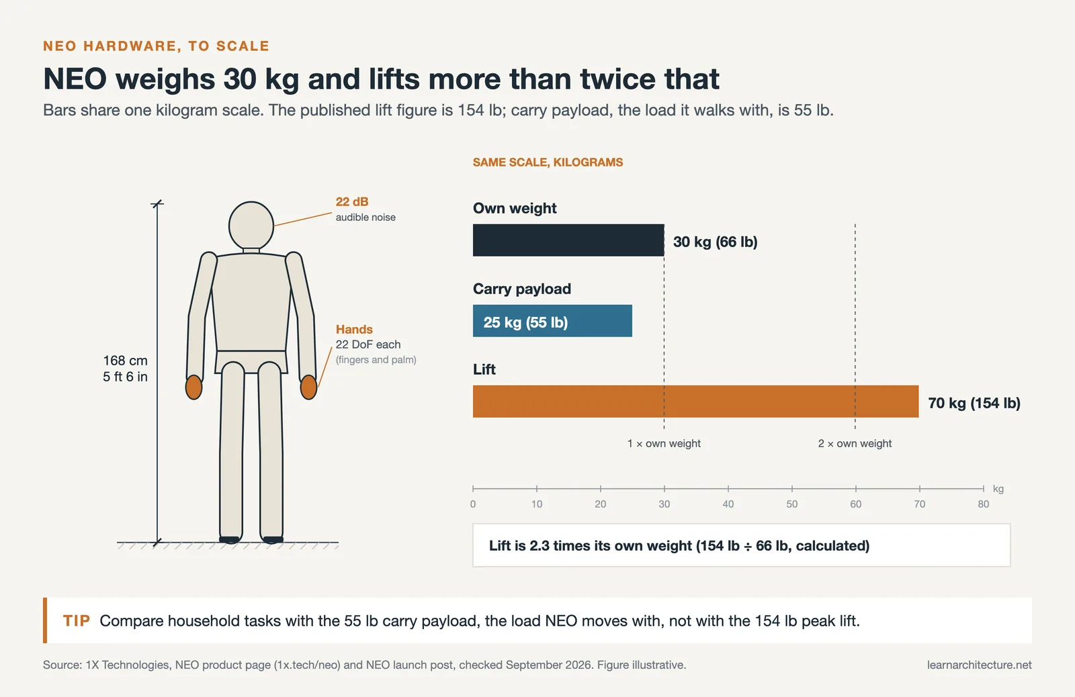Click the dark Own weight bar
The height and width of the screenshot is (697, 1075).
(568, 240)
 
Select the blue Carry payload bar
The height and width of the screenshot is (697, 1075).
(552, 320)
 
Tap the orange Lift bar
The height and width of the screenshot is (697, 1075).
(695, 401)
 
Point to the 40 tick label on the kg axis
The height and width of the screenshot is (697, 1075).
(728, 504)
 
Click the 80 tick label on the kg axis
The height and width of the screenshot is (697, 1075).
(984, 504)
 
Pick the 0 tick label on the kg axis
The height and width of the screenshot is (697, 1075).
(473, 504)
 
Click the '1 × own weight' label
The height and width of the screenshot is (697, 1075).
(664, 443)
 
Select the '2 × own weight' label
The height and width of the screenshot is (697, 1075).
(855, 443)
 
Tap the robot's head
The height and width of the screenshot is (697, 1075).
(251, 225)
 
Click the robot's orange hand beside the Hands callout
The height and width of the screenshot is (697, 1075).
(308, 387)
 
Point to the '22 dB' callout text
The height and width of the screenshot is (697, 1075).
(352, 201)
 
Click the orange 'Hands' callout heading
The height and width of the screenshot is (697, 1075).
(354, 329)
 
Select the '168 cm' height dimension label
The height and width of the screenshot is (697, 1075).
(125, 361)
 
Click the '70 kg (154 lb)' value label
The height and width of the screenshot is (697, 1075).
(974, 403)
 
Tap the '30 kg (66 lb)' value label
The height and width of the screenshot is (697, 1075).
(715, 242)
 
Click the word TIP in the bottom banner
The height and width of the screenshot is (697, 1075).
(77, 620)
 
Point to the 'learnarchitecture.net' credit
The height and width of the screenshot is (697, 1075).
(979, 665)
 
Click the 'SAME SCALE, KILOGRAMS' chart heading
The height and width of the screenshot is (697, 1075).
(548, 162)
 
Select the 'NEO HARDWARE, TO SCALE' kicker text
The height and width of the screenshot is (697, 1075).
(156, 46)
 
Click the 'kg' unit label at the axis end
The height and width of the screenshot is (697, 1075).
(998, 489)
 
